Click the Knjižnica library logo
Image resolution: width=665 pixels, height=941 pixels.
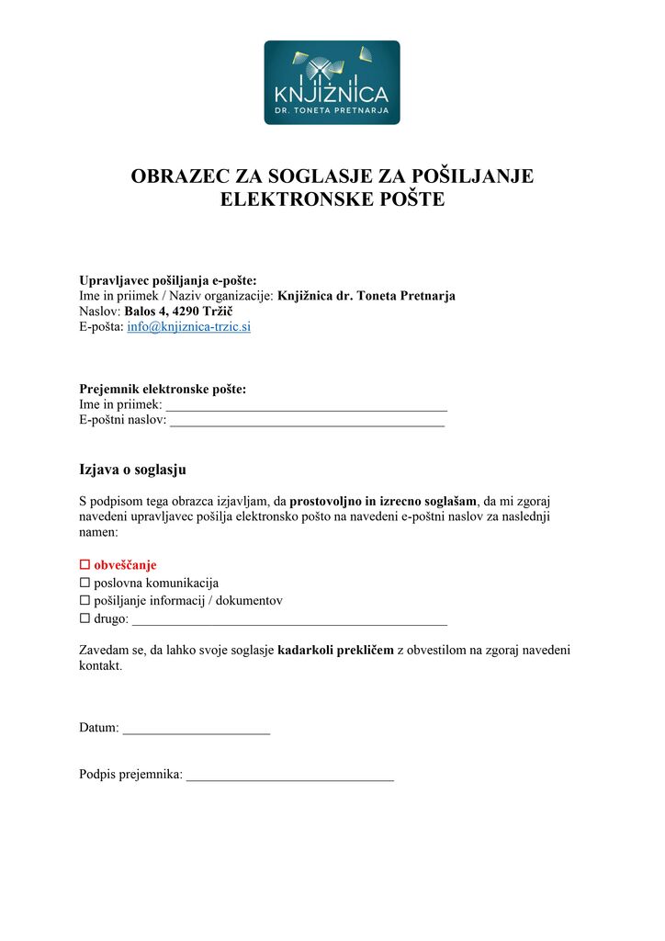point(332,82)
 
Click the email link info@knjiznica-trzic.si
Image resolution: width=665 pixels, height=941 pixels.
point(188,327)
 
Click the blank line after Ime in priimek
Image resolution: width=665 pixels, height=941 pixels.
point(306,405)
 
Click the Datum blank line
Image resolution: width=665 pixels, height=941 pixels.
point(196,729)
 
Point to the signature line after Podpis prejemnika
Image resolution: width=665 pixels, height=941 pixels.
point(289,776)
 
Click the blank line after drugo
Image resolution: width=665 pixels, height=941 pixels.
point(289,620)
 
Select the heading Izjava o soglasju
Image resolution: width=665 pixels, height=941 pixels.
point(132,470)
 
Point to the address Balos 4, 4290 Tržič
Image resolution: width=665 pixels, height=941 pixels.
point(178,312)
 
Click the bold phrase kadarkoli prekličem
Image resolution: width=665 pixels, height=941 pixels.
point(334,650)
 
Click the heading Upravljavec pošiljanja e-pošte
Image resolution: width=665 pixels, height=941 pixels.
point(168,280)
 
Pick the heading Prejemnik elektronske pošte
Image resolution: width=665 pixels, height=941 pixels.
point(163,390)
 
